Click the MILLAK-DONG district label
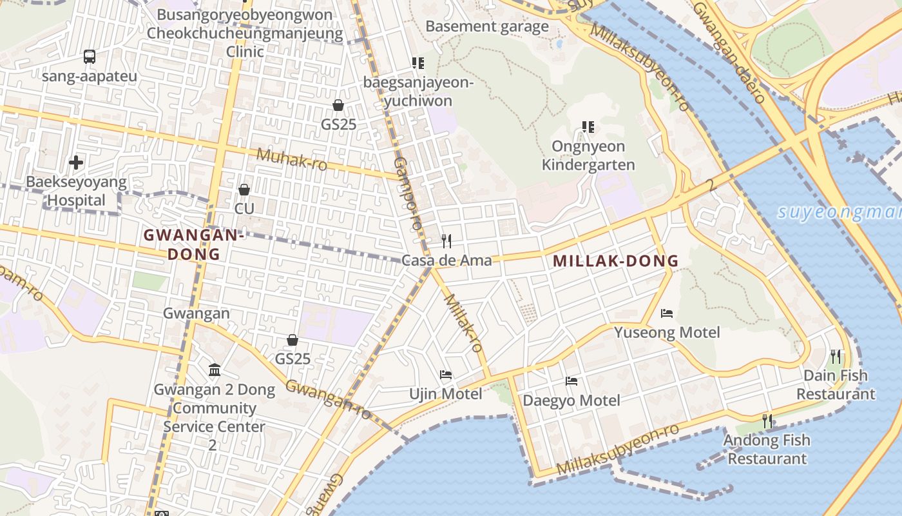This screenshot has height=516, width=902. click(615, 261)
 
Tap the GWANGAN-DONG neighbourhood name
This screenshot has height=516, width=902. click(193, 244)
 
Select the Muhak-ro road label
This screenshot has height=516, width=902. click(292, 159)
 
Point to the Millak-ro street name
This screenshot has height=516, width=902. click(463, 322)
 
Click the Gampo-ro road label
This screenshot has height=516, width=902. click(407, 193)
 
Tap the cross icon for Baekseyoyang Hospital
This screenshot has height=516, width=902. click(76, 162)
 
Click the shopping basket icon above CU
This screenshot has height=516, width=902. click(244, 189)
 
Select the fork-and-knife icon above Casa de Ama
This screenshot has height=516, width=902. click(446, 241)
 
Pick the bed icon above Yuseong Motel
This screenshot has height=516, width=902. click(667, 313)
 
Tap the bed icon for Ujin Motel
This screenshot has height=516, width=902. click(445, 374)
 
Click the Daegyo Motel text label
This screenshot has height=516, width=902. click(571, 401)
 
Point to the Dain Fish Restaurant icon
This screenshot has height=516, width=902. click(836, 355)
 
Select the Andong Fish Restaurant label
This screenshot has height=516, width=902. click(767, 450)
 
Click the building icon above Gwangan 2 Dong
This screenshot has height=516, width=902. click(215, 370)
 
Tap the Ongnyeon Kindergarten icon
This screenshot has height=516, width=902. click(588, 126)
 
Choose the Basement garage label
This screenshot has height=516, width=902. click(487, 26)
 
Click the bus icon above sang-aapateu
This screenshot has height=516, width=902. click(90, 57)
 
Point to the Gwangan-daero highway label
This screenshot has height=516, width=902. click(729, 52)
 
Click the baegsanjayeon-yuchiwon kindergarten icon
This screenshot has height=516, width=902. click(417, 63)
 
